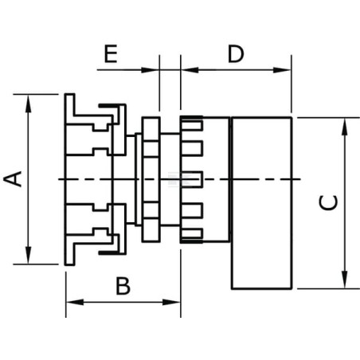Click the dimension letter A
pos(13,179)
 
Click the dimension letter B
pos(123,286)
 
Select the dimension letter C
pos(328,202)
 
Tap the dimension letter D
pos(236,54)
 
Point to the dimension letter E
pos(111,54)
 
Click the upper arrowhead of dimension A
pos(28,104)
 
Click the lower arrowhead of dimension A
pos(28,255)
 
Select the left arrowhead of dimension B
pos(75,302)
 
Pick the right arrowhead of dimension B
pos(171,302)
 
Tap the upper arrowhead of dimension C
pos(344,127)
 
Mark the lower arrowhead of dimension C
pos(344,279)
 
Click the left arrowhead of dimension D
pos(190,70)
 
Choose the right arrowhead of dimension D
pos(282,70)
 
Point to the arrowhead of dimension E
pos(150,70)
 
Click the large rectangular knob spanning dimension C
pos(262,203)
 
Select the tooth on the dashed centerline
pos(191,179)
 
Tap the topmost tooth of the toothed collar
pos(191,124)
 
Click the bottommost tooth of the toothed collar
pos(191,233)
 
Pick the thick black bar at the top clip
pos(109,106)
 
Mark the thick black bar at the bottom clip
pos(109,252)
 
